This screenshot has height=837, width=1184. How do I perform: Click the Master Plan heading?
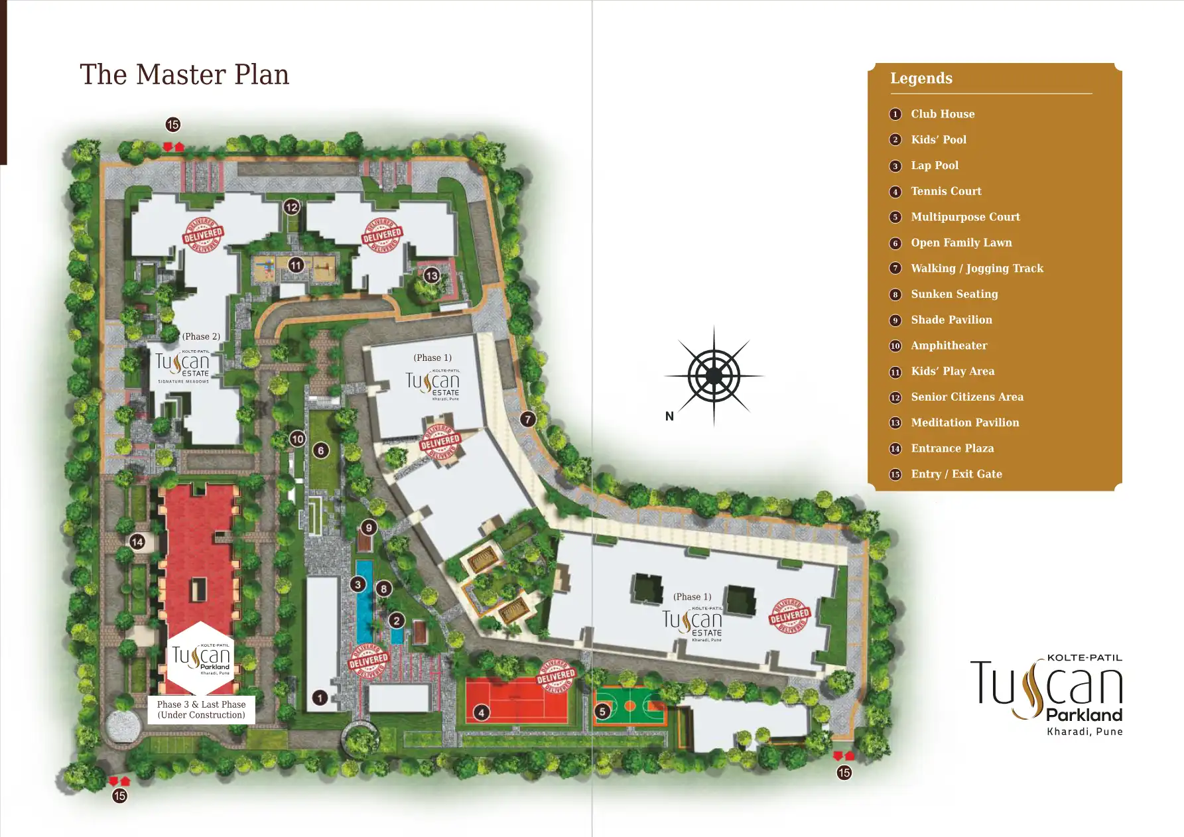point(184,74)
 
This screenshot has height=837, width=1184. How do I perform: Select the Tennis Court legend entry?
point(945,191)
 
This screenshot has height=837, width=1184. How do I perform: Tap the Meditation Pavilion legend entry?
point(964,422)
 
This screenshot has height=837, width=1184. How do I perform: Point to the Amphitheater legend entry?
point(949,346)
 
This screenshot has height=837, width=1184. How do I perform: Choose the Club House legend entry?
point(942,114)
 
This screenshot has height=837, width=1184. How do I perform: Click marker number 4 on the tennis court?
point(482,712)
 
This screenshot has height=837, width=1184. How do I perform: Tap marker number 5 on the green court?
point(602,712)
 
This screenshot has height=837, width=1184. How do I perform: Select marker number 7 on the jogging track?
point(527,419)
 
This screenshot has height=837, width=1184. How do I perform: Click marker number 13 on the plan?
point(432,275)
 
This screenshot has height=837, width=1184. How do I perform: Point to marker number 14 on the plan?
point(137,542)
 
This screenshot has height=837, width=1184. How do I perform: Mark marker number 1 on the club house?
point(320,698)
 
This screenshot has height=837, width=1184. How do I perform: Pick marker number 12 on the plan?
point(292,207)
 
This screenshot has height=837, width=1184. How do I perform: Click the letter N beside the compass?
point(669,417)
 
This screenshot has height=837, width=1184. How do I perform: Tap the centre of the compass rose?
point(714,376)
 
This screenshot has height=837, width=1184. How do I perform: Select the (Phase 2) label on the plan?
point(201,336)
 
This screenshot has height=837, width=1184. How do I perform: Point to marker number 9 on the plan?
point(369,527)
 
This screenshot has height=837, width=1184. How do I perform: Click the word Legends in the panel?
point(921,78)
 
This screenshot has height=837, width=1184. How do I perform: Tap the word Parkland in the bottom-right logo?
point(1084,715)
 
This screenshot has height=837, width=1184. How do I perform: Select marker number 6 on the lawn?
point(321,451)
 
